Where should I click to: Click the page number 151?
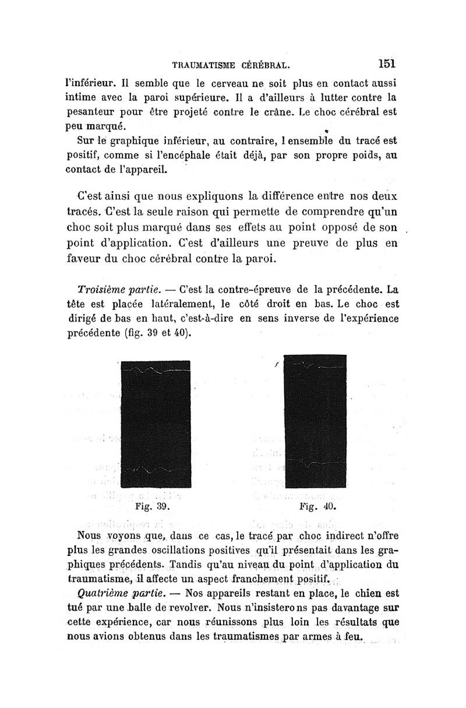pos(386,62)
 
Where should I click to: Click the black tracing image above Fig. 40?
pos(315,421)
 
